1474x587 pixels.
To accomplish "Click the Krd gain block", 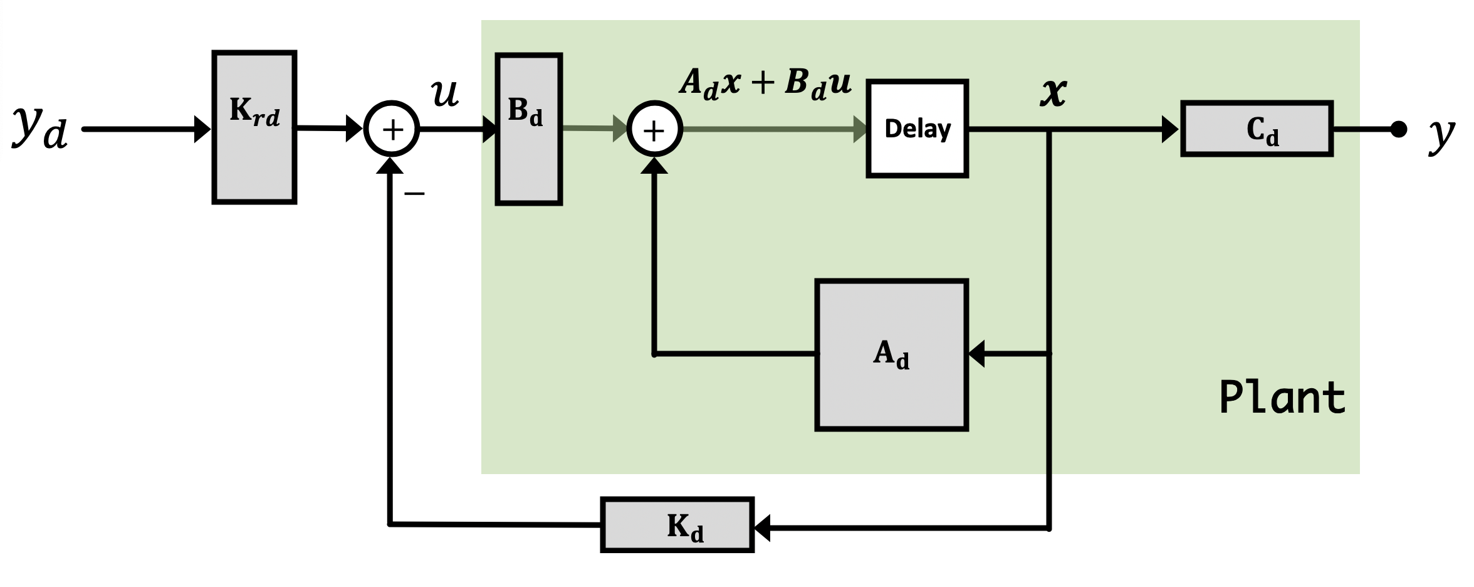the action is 254,127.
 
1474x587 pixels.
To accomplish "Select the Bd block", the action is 529,129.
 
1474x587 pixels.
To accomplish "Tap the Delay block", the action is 917,129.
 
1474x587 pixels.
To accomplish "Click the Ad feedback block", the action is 892,355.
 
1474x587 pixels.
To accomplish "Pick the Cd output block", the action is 1257,129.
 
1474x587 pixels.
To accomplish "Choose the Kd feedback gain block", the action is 677,526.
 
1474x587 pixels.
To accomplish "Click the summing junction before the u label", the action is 392,129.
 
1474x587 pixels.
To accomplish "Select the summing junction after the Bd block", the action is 654,129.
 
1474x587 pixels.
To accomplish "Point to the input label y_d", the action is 40,128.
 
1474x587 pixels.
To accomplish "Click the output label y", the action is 1441,134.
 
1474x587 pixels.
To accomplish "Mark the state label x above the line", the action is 1053,93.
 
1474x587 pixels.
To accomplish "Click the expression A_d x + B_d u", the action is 766,83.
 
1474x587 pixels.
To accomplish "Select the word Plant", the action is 1282,397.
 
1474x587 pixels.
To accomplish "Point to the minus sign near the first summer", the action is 414,193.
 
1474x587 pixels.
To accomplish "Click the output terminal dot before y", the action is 1398,129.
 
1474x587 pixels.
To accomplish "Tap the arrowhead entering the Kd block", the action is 761,528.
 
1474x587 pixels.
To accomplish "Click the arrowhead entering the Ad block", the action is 976,354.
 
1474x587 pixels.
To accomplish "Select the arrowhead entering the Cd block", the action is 1171,129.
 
